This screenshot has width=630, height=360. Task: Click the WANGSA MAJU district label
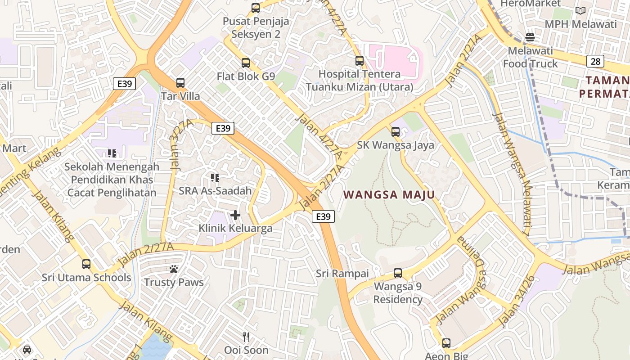(389, 195)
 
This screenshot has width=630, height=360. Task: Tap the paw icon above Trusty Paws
(174, 269)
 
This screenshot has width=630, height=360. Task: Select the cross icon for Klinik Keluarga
(235, 215)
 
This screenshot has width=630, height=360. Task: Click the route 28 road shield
(595, 61)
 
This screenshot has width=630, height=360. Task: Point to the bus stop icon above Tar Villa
(180, 83)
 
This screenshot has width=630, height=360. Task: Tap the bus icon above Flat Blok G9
(246, 63)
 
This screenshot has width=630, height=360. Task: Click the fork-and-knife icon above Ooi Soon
(246, 337)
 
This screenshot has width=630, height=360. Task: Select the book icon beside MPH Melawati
(580, 10)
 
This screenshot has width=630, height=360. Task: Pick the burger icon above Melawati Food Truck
(530, 37)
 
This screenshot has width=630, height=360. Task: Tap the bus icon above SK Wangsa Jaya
(396, 132)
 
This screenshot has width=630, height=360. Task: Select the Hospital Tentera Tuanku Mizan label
(360, 80)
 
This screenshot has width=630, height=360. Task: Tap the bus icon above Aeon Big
(446, 343)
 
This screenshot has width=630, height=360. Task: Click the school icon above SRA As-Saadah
(215, 178)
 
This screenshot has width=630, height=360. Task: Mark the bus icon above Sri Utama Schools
(86, 264)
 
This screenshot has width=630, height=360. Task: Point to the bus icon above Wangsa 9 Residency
(398, 273)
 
